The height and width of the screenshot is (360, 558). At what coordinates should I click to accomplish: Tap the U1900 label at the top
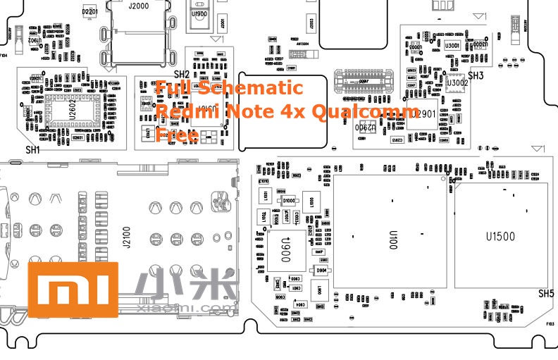pyautogui.click(x=199, y=13)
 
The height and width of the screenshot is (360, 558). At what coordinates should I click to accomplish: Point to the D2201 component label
pyautogui.click(x=89, y=12)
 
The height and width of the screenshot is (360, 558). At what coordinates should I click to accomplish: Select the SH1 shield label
pyautogui.click(x=32, y=150)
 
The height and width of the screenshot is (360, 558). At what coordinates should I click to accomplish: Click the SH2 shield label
pyautogui.click(x=181, y=74)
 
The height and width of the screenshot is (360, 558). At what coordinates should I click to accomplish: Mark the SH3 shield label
pyautogui.click(x=476, y=75)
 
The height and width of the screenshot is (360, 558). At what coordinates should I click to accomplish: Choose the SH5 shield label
pyautogui.click(x=546, y=293)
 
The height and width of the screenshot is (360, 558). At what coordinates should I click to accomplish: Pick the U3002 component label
pyautogui.click(x=457, y=83)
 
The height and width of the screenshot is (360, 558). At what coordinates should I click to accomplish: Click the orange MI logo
pyautogui.click(x=73, y=289)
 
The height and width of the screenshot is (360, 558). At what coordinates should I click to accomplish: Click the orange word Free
pyautogui.click(x=176, y=134)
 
